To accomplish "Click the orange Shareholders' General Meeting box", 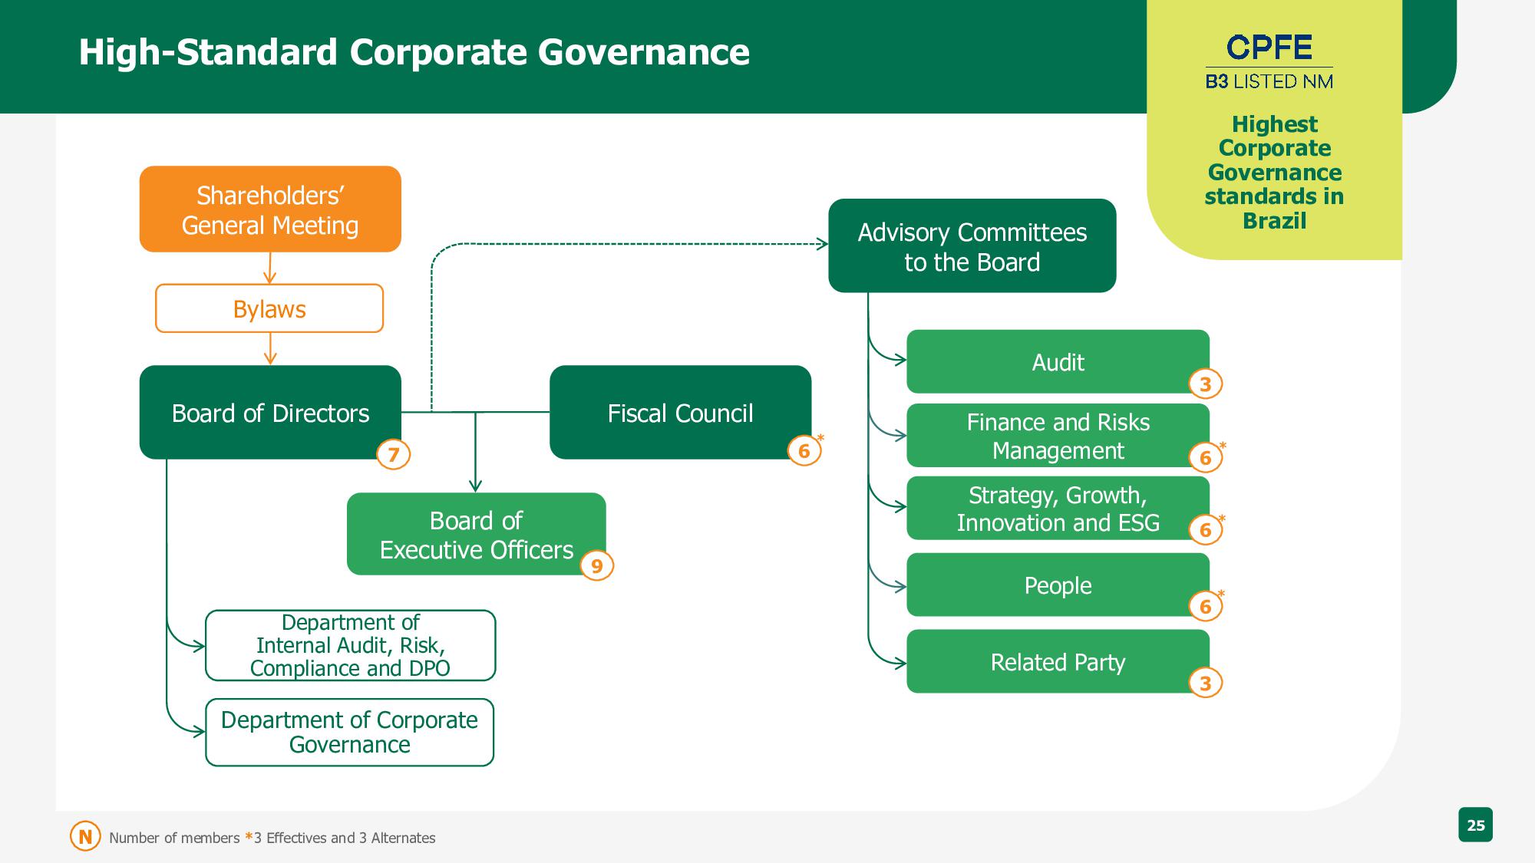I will coord(270,209).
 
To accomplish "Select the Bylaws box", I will coord(269,308).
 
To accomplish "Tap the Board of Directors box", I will coord(270,413).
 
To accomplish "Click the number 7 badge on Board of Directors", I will coord(394,455).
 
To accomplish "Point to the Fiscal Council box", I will coord(680,413).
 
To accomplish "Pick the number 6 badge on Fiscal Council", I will coord(804,450).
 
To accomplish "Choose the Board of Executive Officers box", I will coord(476,534).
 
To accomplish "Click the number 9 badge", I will coord(597,567).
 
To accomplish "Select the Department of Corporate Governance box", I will coord(349,732).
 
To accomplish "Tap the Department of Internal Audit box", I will coord(350,645).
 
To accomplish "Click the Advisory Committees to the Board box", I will coord(972,246).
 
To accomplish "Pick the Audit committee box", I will coord(1058,362).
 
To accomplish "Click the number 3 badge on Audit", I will coord(1205,384).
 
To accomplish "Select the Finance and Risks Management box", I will coord(1058,436).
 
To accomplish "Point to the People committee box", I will coord(1058,585).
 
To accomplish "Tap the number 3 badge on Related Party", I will coord(1205,683).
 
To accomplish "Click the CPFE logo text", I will coord(1269,48).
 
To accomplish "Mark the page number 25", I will coord(1475,825).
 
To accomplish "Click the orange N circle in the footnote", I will coord(85,837).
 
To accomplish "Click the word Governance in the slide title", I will coord(643,52).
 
